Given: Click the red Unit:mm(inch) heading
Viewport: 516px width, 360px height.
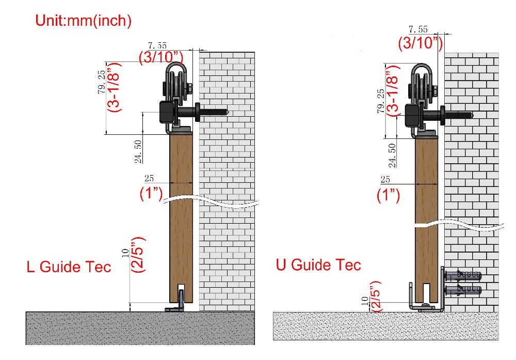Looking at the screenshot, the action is pos(83,21).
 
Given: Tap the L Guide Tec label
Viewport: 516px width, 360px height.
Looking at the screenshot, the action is pos(69,267).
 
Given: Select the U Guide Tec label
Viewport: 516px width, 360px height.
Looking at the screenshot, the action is pos(318,265).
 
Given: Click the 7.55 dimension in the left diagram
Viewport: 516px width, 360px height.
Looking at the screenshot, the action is pos(157,45).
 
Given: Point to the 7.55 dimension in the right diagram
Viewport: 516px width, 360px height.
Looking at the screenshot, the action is pos(418,29).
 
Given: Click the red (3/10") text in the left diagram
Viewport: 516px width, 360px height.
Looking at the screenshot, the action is pos(161,57).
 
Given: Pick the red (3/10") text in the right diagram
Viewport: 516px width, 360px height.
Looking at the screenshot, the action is pos(420,43).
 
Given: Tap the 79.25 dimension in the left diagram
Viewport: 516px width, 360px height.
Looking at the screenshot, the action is pos(102,82).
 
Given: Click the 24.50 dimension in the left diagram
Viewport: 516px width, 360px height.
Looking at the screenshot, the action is pos(138,151).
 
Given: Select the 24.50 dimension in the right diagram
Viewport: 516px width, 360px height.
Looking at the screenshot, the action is pos(392,155).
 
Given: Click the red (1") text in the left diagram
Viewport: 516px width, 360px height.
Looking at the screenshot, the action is pos(151,193).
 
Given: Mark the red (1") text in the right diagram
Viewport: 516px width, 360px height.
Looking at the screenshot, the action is pos(389,195).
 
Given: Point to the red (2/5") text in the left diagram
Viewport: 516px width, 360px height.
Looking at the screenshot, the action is pos(138,255).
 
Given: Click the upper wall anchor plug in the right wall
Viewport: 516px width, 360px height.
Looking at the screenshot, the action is pos(463,275).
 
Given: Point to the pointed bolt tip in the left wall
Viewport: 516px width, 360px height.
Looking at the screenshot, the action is pos(226,112).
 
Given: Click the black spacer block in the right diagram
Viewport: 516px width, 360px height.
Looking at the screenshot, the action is pos(412,115).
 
